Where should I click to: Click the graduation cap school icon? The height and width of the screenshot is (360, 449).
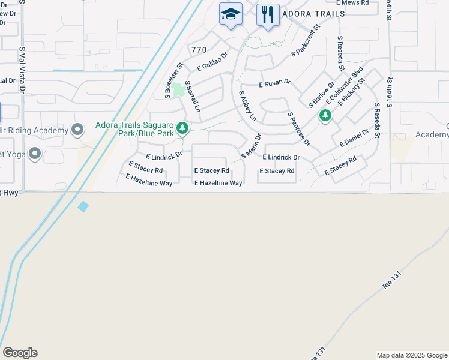point(231,14)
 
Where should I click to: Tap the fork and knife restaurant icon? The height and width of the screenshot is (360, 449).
point(268,14)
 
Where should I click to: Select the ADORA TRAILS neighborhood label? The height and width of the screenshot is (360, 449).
point(305,14)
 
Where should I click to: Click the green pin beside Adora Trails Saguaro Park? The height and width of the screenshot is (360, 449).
point(183,128)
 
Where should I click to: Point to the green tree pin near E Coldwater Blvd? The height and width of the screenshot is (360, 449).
point(325,115)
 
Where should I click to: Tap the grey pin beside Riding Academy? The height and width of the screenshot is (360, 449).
point(77,130)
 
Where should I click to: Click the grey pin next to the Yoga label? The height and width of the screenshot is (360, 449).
point(35,154)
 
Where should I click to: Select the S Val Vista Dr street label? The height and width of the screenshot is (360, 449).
point(22,70)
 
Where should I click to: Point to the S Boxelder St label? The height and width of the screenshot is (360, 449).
point(173,80)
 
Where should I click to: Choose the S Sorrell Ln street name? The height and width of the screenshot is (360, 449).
point(192,97)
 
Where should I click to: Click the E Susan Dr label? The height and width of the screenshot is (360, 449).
point(274,82)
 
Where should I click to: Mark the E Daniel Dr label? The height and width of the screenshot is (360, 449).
point(354,137)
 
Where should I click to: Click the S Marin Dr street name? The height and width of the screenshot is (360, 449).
point(251,146)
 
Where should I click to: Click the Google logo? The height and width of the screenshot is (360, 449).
point(20,353)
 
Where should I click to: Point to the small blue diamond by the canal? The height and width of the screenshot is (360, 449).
point(83,206)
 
